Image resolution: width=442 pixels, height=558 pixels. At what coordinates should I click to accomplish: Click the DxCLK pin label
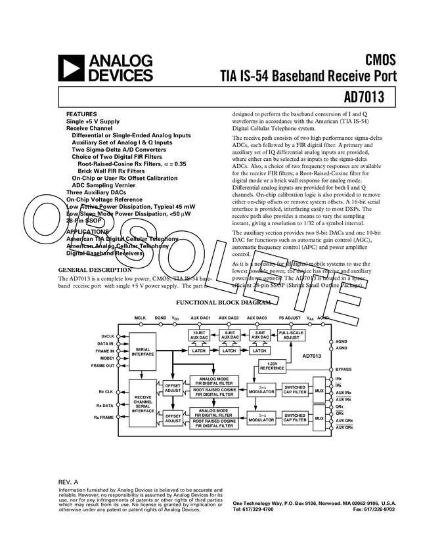107,336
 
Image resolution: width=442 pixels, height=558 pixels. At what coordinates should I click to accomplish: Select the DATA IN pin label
105,343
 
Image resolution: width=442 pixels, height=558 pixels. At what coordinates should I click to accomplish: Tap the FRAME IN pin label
105,351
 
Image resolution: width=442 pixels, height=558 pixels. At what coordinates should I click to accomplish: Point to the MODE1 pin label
107,358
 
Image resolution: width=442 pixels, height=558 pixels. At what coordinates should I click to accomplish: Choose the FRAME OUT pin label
104,366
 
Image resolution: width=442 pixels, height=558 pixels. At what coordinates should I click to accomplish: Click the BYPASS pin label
343,370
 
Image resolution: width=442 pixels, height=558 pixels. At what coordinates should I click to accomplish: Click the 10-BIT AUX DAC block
198,335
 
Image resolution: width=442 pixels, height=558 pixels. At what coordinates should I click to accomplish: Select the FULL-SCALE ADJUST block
291,335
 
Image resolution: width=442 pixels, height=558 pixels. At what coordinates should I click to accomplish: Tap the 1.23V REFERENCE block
272,366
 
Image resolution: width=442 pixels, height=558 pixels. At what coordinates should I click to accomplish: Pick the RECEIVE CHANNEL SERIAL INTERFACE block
143,403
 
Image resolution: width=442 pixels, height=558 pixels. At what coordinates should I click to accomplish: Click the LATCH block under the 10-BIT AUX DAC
198,351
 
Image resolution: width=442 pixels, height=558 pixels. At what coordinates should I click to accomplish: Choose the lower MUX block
319,418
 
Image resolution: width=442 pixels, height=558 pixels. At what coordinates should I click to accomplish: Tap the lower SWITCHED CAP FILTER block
295,418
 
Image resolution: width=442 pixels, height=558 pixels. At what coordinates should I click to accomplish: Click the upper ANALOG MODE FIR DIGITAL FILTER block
214,381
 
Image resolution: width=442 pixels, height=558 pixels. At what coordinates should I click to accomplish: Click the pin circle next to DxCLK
118,336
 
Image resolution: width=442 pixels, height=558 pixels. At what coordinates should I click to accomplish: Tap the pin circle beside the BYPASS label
331,370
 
